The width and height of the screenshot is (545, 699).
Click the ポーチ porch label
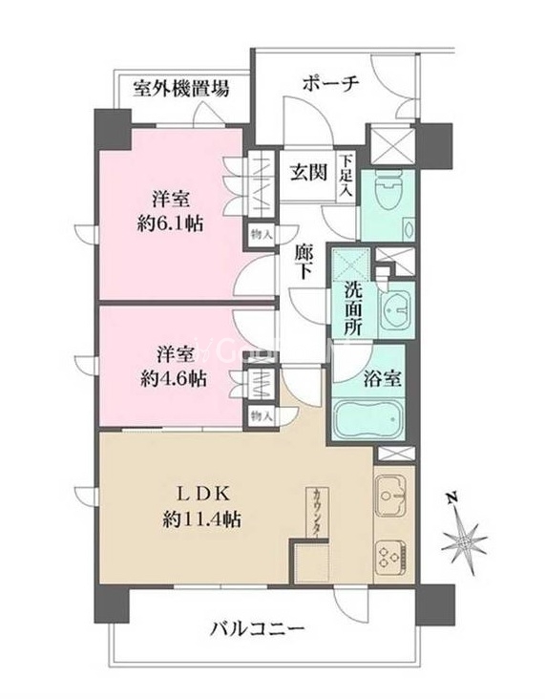tap(330, 83)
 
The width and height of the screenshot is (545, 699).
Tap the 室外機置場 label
tap(180, 91)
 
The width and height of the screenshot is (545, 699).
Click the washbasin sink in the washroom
tap(394, 307)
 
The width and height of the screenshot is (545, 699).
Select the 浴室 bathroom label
tap(381, 377)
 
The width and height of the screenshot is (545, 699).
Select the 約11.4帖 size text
tap(201, 520)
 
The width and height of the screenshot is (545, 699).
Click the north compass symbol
tap(466, 540)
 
